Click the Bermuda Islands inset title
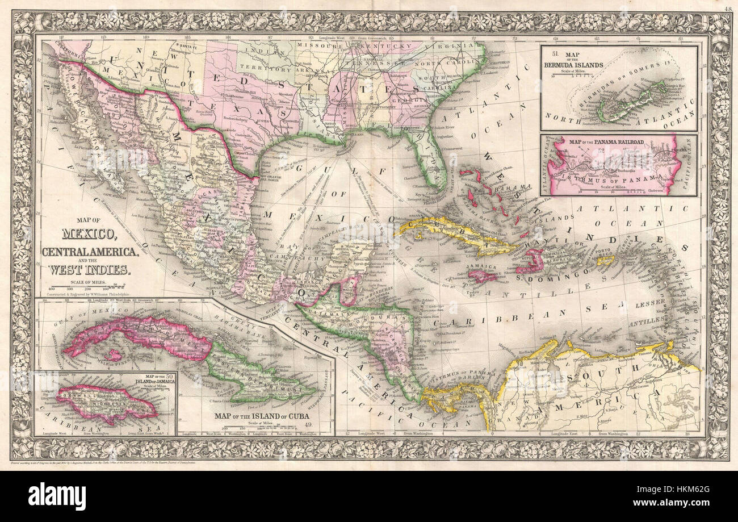[573, 61]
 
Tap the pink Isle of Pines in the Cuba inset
[115, 356]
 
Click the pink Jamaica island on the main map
[482, 276]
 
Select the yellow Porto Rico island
[605, 260]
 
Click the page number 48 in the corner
[728, 8]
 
